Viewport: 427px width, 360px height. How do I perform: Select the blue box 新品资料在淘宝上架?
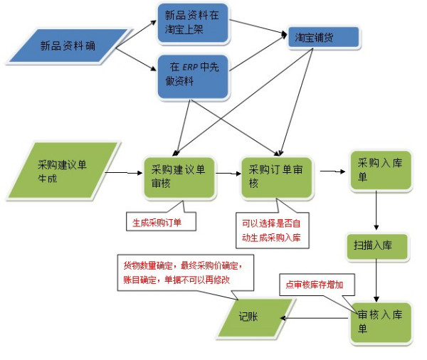tap(191, 22)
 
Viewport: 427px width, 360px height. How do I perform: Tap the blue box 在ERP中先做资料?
tap(191, 75)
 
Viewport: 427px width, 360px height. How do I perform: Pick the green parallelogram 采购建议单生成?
tap(64, 171)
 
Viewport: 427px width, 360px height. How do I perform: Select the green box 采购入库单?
tap(380, 171)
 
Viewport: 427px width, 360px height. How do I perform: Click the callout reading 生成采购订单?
tap(161, 220)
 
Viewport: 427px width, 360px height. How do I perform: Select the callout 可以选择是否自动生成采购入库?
tap(273, 229)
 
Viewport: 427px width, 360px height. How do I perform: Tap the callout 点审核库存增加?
tap(316, 284)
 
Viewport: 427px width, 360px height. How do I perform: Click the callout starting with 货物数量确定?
tap(184, 272)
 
